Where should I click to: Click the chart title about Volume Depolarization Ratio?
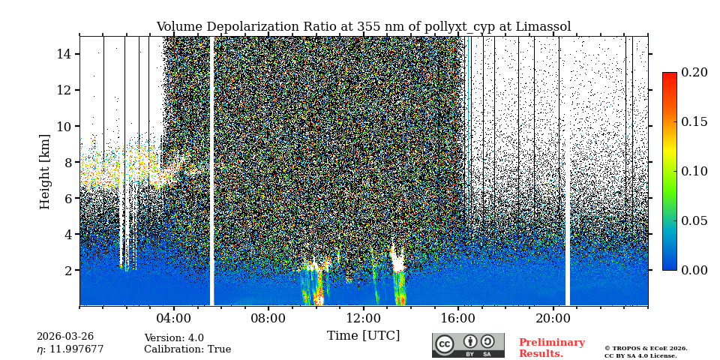363,27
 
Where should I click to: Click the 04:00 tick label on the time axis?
173,318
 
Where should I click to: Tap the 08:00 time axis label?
268,318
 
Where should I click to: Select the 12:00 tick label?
363,318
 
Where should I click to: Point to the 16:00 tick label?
458,318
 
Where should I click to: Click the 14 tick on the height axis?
63,54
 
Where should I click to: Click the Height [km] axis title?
45,171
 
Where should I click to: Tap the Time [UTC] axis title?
363,336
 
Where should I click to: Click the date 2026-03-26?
65,337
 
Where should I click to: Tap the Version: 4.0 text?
174,338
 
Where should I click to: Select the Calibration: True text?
187,349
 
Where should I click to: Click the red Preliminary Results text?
551,348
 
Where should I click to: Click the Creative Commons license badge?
468,345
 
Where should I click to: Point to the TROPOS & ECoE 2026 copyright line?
646,349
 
